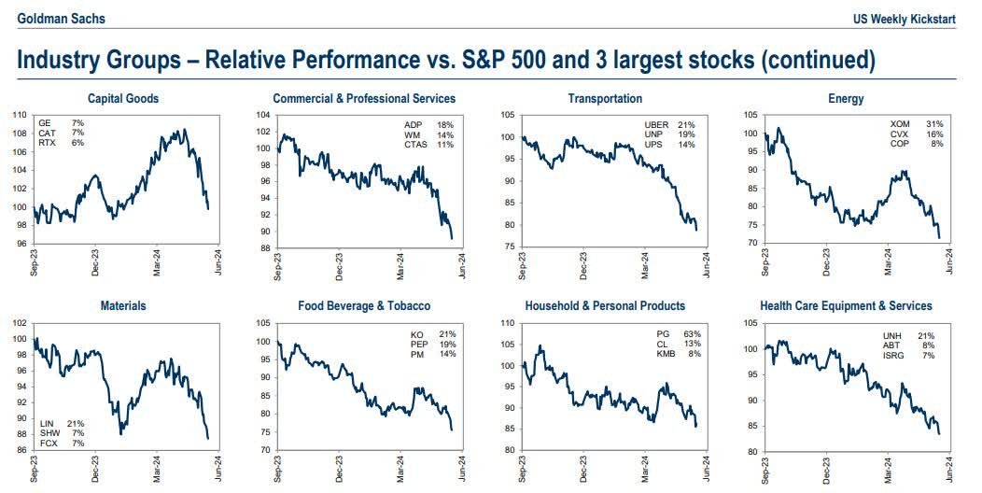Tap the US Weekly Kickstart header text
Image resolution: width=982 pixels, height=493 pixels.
(905, 20)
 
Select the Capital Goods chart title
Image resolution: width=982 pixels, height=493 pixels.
(123, 98)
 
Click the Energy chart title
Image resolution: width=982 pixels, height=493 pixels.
(846, 98)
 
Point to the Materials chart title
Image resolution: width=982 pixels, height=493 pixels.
(123, 305)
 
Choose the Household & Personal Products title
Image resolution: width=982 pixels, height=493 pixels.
(605, 305)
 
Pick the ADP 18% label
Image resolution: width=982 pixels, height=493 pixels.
(427, 124)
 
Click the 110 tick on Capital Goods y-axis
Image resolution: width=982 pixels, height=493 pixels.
(19, 115)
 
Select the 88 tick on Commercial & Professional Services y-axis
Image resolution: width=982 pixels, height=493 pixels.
(265, 248)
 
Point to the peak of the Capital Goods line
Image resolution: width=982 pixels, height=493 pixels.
(184, 131)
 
